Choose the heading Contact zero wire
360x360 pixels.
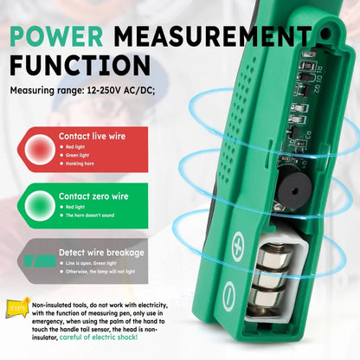[93, 196]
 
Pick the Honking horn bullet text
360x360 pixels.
[84, 164]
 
